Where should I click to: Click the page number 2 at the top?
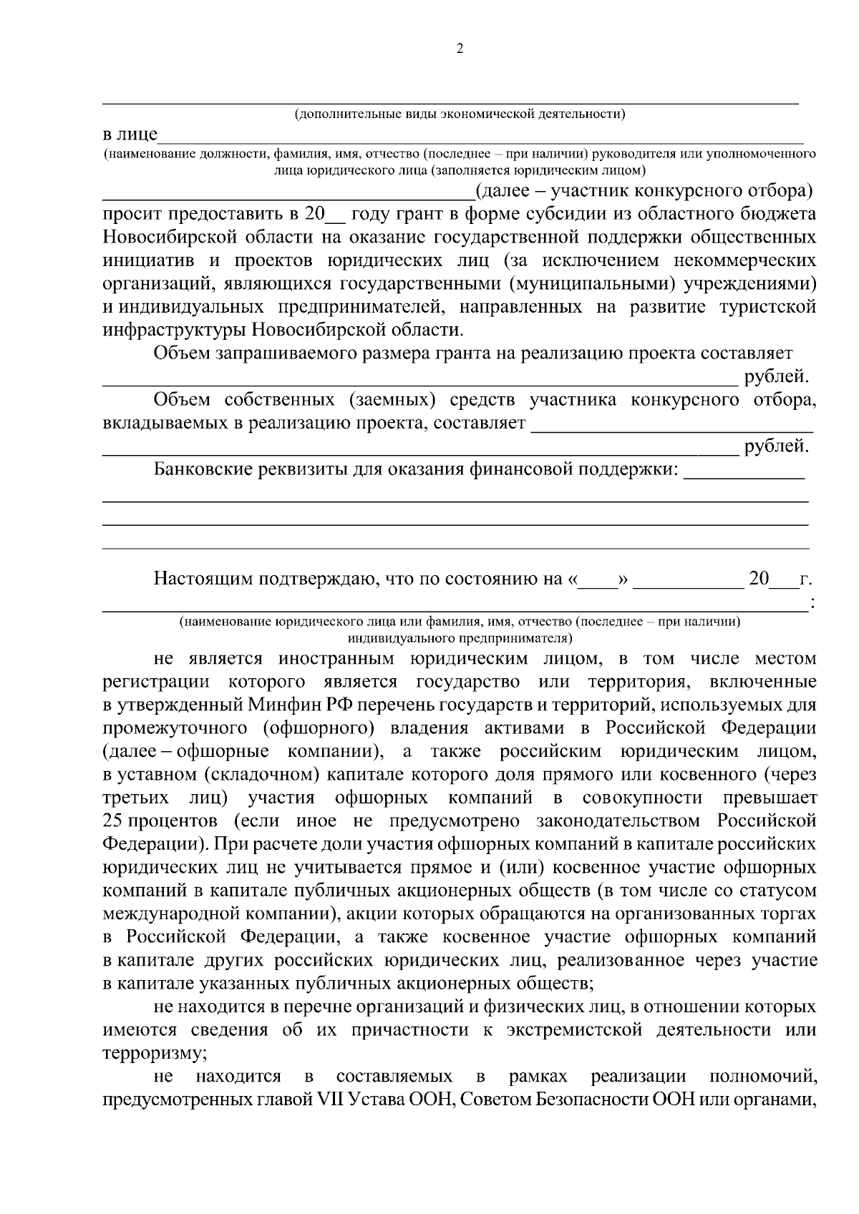point(459,49)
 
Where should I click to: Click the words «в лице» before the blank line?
point(130,136)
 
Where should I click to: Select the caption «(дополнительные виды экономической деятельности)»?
point(460,113)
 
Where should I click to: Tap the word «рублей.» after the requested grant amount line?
point(777,376)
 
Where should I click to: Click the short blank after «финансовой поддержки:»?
point(744,476)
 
